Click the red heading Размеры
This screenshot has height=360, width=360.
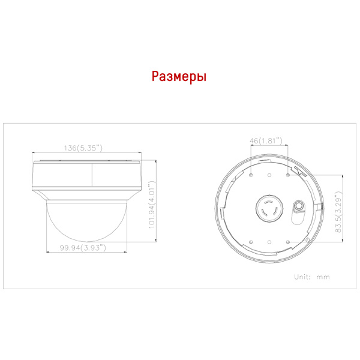[x=179, y=77]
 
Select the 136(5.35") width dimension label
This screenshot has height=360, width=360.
[x=83, y=148]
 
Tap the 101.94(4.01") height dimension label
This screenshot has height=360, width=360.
[x=152, y=205]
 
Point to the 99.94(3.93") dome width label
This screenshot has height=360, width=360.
[x=83, y=248]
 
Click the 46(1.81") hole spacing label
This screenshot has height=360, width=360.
[x=266, y=140]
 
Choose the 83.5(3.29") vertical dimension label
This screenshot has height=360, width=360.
[x=338, y=212]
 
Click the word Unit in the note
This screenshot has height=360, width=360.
[x=302, y=277]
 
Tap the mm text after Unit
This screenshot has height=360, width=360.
[x=323, y=277]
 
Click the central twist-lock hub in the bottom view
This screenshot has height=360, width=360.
[x=269, y=208]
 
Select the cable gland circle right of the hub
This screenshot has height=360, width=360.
[x=299, y=205]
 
